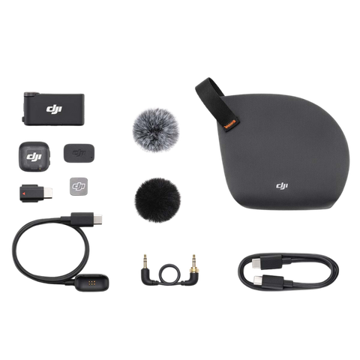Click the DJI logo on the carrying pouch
(281, 186)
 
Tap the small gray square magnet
(79, 182)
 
